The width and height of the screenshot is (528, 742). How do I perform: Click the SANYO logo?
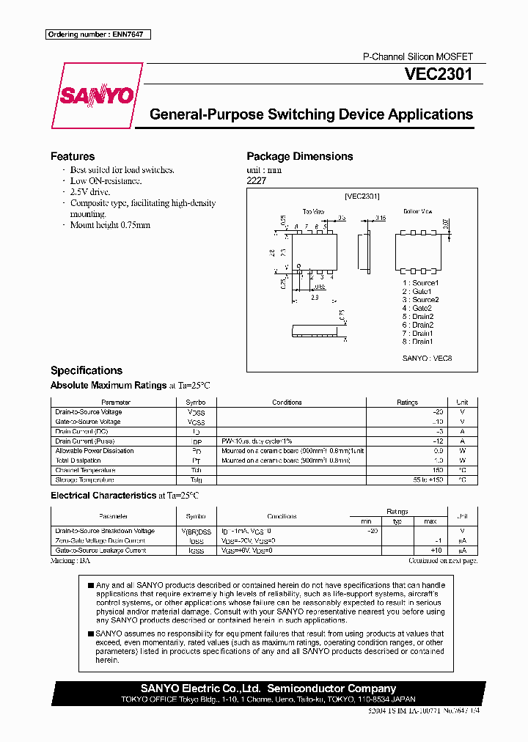96,95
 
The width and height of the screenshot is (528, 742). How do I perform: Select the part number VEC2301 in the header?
439,74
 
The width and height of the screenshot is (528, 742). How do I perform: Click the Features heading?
73,156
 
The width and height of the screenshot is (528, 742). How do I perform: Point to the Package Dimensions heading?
299,156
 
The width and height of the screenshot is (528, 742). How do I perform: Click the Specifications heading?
87,370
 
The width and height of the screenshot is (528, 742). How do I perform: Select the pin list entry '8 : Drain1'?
418,341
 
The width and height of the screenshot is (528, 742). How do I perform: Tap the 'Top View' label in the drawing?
313,211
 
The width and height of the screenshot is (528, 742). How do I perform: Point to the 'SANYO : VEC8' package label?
428,358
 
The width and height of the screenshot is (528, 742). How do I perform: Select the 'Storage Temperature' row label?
84,480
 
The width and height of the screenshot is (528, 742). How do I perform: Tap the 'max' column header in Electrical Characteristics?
430,521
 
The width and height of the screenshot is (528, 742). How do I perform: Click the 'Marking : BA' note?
70,560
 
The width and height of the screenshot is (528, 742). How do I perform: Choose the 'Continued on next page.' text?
443,560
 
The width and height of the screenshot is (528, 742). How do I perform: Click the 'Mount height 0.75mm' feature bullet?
110,225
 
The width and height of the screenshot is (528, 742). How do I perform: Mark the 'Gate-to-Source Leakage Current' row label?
100,550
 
